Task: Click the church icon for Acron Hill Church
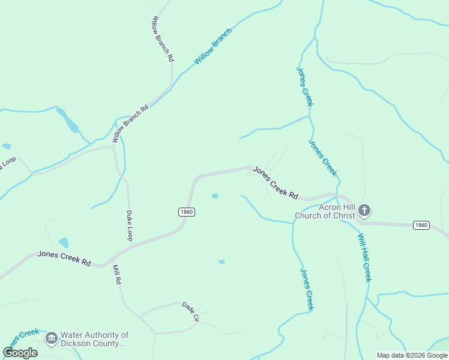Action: pos(364,211)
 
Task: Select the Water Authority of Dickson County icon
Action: pos(51,339)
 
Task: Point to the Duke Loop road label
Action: pos(129,226)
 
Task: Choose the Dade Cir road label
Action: pos(190,312)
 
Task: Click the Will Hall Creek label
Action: pos(365,258)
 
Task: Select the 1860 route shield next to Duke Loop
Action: pos(186,212)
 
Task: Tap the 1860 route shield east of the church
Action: pos(421,225)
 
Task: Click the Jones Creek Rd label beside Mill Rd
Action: pos(64,259)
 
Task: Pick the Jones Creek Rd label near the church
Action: pos(276,183)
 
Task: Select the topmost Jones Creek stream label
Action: pos(305,86)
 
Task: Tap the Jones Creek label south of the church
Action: pos(306,289)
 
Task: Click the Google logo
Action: pos(20,353)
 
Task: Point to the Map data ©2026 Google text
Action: pos(412,355)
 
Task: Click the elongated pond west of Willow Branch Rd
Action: pos(68,120)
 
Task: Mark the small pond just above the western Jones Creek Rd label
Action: pos(64,242)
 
